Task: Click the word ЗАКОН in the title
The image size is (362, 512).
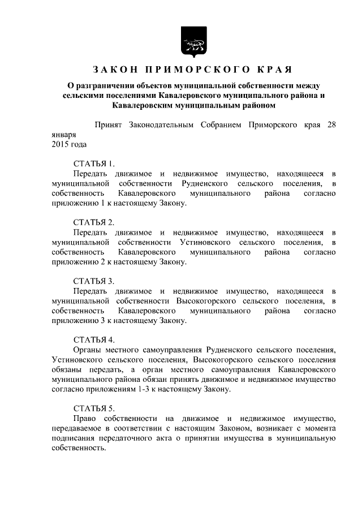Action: [113, 70]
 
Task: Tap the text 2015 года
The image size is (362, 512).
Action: [68, 145]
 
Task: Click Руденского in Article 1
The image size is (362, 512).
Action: [206, 183]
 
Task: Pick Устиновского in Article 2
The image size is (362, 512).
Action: [209, 242]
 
